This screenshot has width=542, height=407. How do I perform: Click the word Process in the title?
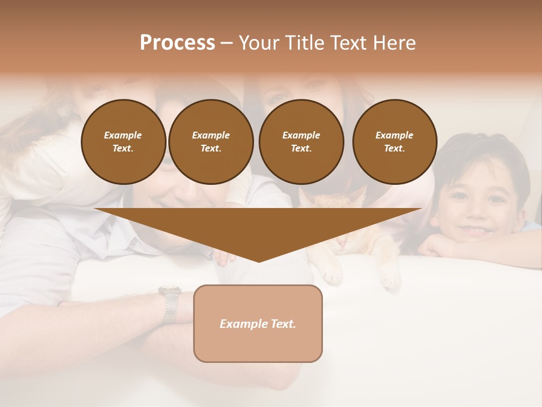pyautogui.click(x=177, y=43)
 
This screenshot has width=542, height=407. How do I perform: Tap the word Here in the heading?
pyautogui.click(x=394, y=43)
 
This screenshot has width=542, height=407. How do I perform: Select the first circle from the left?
pyautogui.click(x=123, y=142)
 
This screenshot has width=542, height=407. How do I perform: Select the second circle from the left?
pyautogui.click(x=211, y=142)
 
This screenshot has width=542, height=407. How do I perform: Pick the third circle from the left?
pyautogui.click(x=301, y=142)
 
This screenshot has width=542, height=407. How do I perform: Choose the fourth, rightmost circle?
pyautogui.click(x=395, y=142)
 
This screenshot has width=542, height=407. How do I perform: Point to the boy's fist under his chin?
pyautogui.click(x=435, y=246)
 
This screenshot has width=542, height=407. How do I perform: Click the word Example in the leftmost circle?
pyautogui.click(x=123, y=135)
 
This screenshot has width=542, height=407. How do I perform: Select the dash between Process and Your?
pyautogui.click(x=226, y=43)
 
